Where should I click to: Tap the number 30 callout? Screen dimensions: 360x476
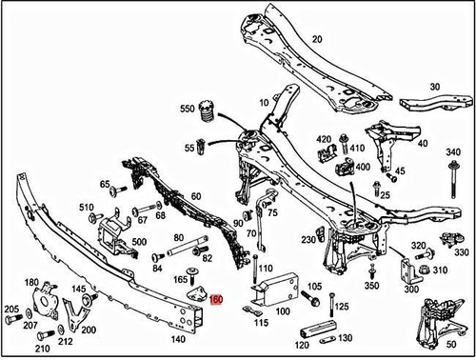tap(436, 85)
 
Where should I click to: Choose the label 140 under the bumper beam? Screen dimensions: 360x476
tap(177, 338)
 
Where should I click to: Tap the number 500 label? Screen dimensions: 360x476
tap(140, 243)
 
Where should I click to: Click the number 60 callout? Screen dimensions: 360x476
tap(196, 196)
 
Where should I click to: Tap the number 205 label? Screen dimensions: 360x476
tap(11, 310)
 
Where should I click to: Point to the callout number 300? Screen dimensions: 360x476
tap(412, 288)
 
